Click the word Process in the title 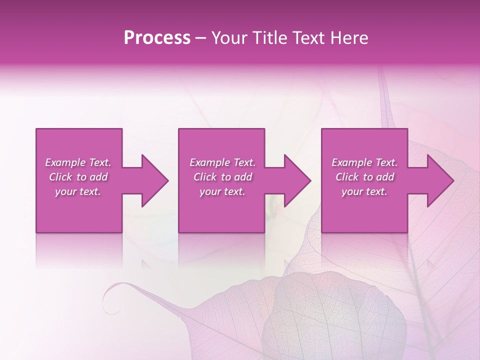click(157, 38)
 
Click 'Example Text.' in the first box click(78, 162)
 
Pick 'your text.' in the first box click(78, 191)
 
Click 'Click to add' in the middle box click(222, 177)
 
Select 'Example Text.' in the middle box click(222, 162)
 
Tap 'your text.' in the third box click(364, 191)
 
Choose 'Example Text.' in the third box click(364, 162)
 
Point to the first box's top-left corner click(36, 129)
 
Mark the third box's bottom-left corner click(322, 232)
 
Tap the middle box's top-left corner click(179, 129)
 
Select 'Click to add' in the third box click(364, 177)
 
